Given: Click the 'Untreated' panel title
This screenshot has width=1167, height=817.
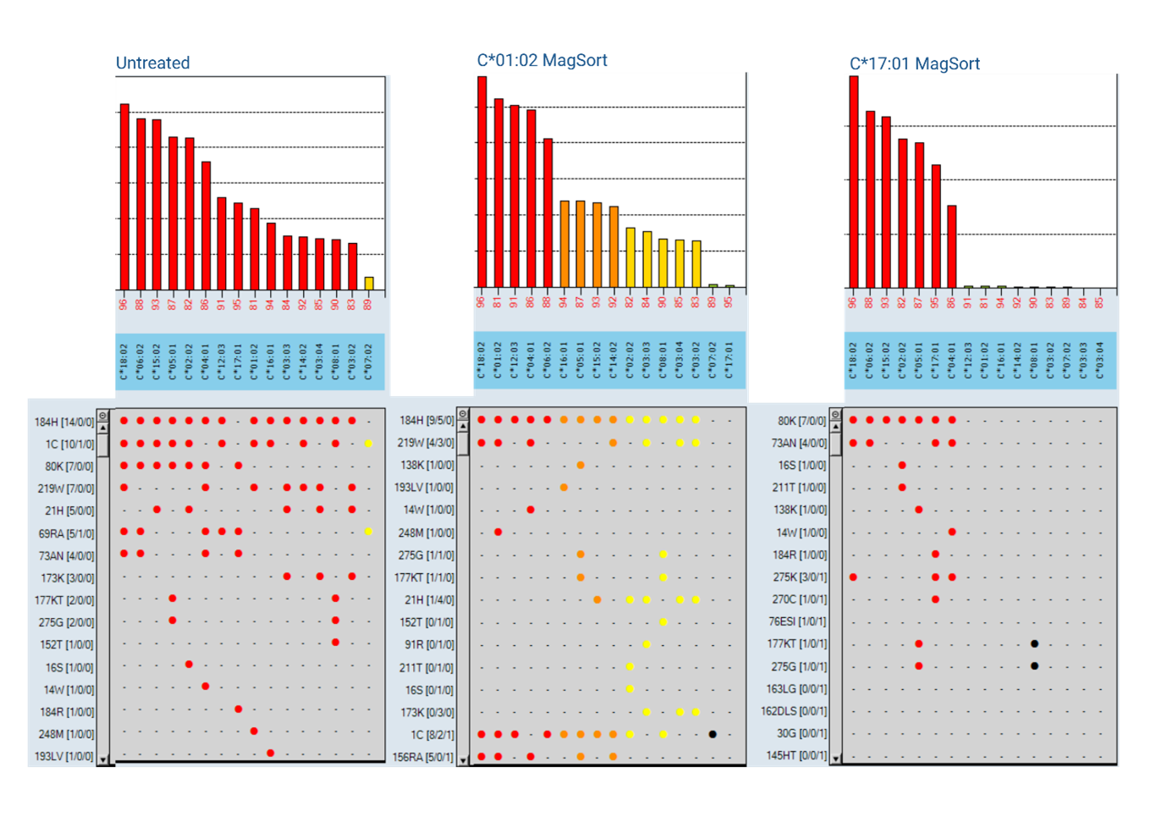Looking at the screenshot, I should coord(152,63).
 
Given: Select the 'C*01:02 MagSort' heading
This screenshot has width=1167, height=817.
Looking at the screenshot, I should coord(542,60).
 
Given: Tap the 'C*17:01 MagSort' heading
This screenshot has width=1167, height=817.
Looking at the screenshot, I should coord(914,63).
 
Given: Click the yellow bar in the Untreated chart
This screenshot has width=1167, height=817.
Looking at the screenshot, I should coord(368,284).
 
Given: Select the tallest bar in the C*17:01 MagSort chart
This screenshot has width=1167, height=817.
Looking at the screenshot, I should coord(853,182).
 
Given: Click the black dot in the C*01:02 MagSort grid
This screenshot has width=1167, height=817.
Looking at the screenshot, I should coord(713,734).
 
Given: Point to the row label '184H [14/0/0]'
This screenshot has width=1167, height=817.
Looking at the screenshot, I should coord(64,422).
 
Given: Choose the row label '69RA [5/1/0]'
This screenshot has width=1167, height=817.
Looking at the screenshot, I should coord(66,533).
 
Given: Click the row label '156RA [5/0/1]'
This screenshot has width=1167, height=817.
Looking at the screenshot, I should coord(423,757).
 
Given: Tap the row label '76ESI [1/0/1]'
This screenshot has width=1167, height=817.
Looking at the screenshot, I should coord(798,621).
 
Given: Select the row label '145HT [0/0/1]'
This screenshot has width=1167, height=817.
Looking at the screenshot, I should coord(796,755).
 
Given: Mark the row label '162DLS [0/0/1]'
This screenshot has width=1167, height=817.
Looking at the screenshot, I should coord(794,711).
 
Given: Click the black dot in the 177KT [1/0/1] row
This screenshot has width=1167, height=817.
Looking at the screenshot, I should coord(1034,644).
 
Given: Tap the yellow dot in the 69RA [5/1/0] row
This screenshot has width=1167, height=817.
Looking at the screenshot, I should coord(368,532).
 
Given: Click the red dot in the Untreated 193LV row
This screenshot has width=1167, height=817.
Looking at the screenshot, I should coord(270,753).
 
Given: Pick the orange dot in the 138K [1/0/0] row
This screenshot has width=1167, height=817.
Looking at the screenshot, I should coord(581,465).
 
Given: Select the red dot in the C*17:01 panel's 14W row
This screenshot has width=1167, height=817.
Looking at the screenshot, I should coord(952,532).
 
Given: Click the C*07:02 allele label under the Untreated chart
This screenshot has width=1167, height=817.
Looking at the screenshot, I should coord(368,362).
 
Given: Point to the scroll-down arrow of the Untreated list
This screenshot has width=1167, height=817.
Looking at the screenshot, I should coord(102,759).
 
